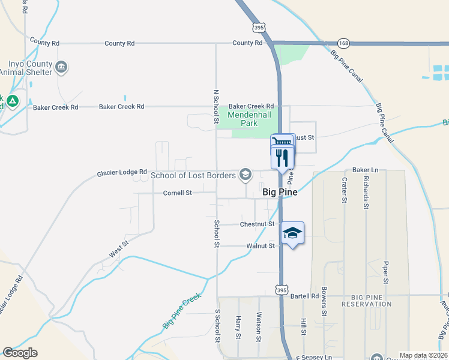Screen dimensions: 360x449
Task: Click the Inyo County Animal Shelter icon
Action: [x=61, y=67]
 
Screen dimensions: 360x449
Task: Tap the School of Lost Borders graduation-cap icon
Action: [x=245, y=175]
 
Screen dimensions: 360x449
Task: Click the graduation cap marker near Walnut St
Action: [x=292, y=233]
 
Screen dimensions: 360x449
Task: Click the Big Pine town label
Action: [x=280, y=194]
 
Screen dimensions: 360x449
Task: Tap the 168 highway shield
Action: [x=343, y=43]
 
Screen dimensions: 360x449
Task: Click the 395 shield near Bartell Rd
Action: [x=281, y=289]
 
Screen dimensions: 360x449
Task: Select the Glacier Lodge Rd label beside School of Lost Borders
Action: [x=122, y=172]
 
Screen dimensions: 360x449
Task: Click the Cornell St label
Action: [x=177, y=193]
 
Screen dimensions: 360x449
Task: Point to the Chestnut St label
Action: [x=257, y=224]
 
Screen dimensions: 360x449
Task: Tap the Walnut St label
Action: [x=261, y=246]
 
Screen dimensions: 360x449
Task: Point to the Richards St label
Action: [x=366, y=192]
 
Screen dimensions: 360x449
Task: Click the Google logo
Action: [x=20, y=353]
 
